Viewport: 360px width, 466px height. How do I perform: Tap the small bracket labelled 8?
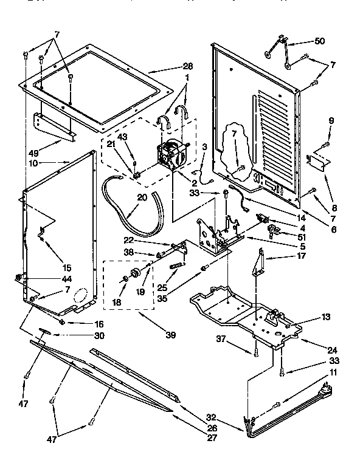click(318, 160)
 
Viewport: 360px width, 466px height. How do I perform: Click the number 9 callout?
click(330, 120)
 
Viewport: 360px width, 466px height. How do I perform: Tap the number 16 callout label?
click(99, 324)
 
